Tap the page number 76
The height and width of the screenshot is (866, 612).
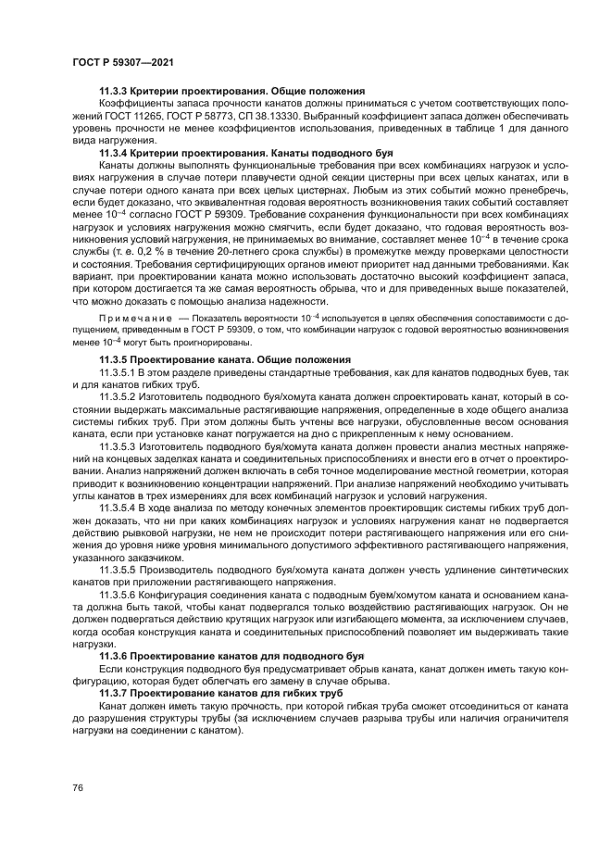tap(77, 787)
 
